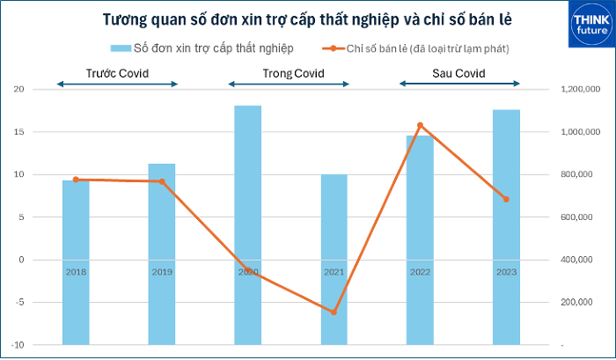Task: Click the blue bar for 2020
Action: point(248,225)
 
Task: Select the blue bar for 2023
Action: point(506,227)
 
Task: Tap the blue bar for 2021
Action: point(334,260)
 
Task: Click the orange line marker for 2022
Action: point(421,125)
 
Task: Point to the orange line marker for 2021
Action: point(334,312)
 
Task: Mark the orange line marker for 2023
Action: point(506,199)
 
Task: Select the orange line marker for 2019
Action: point(162,181)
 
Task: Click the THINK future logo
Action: point(591,25)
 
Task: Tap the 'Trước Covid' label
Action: point(117,73)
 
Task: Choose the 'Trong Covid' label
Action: point(293,73)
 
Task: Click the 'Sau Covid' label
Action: point(458,73)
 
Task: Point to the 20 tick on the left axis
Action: point(18,89)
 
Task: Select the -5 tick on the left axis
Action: point(18,303)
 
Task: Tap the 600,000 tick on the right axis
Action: point(576,217)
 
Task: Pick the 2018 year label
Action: point(76,272)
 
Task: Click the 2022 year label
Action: point(421,272)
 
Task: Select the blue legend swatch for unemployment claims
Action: point(121,48)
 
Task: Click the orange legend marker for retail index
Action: point(334,48)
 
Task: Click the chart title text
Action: point(307,19)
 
